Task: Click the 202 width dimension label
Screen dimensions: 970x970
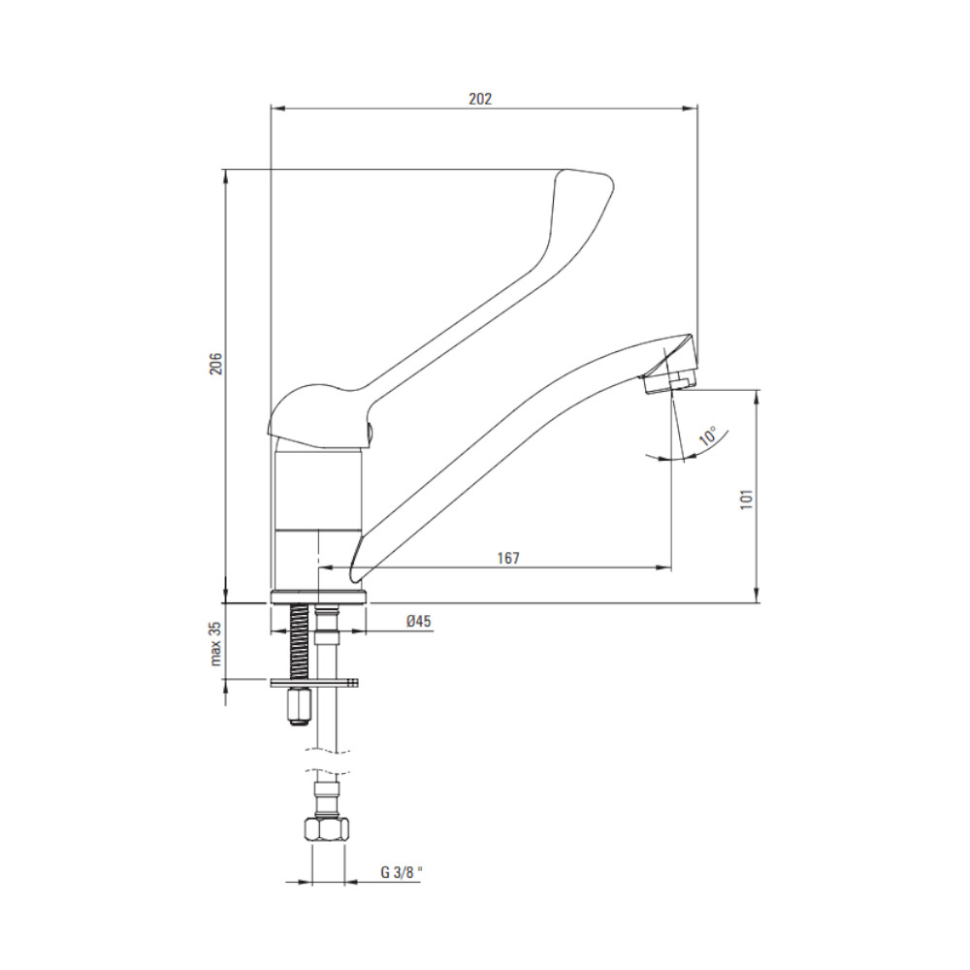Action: (480, 99)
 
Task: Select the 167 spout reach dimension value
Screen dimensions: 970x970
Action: (508, 558)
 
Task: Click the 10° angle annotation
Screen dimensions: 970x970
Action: (709, 436)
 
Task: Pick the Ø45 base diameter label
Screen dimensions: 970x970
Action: (419, 622)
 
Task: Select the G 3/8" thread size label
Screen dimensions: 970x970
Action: (403, 873)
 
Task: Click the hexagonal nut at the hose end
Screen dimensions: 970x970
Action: (327, 827)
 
